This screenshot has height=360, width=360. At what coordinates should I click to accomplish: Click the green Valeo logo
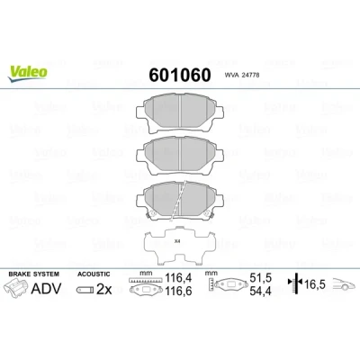28,73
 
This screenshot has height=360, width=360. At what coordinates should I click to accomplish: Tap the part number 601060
180,75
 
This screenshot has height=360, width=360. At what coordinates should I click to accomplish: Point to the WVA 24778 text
242,76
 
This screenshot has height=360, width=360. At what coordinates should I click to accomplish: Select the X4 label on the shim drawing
177,241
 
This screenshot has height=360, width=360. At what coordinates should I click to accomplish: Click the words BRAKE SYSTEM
34,274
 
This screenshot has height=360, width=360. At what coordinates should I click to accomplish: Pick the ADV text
46,289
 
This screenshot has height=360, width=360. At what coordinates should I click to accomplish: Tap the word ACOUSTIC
94,274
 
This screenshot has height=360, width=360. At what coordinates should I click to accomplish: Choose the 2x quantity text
103,290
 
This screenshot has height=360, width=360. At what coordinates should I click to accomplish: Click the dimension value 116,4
178,278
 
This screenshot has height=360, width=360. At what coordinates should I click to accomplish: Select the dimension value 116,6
178,291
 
